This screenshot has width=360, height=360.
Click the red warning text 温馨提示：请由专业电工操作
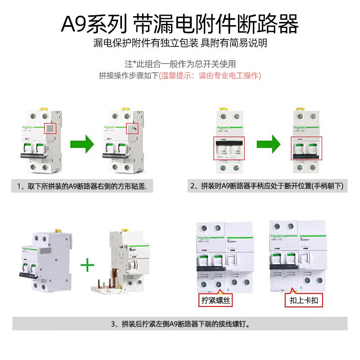[x=210, y=76]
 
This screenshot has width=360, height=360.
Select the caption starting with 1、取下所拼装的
[x=82, y=186]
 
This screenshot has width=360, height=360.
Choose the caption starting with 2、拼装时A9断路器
[x=267, y=186]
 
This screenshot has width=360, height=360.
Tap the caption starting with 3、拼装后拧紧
[x=180, y=324]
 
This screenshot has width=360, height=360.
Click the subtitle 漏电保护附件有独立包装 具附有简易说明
[x=180, y=43]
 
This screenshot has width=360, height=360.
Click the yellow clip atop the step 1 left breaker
[x=44, y=109]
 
